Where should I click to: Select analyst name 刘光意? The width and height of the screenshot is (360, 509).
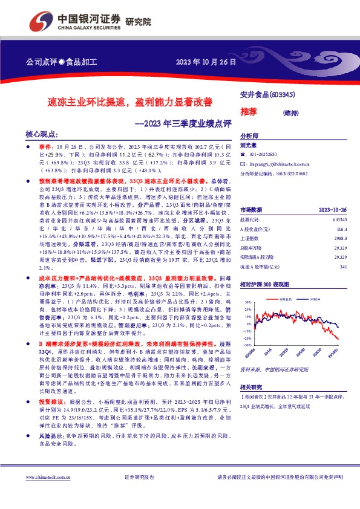click(249, 145)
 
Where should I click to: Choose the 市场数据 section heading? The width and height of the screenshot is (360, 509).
click(251, 209)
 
